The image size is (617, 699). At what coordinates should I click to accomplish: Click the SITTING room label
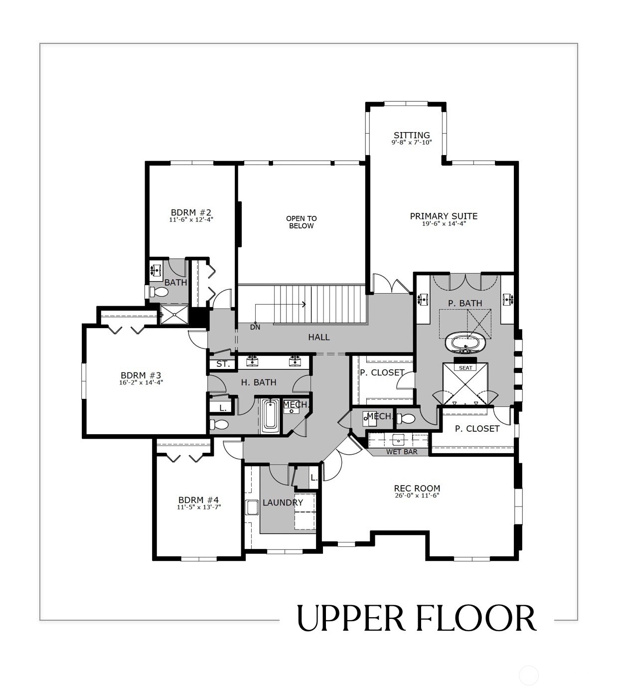[x=412, y=135]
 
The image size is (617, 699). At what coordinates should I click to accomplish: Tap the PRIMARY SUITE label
[x=444, y=216]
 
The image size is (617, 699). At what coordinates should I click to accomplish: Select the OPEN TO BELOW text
[x=302, y=222]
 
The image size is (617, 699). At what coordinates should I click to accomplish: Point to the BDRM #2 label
[x=191, y=212]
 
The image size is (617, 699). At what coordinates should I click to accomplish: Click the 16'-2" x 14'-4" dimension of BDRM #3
[x=141, y=382]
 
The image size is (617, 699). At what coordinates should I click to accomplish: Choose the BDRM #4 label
[x=199, y=500]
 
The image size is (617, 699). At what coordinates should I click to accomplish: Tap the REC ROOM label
[x=417, y=488]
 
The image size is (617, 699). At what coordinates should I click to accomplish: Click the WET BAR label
[x=402, y=452]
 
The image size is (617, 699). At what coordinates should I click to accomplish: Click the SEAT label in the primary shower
[x=465, y=368]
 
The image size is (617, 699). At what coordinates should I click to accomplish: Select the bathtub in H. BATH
[x=270, y=416]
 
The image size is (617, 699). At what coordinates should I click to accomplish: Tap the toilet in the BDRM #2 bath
[x=159, y=292]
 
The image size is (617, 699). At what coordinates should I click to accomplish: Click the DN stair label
[x=255, y=327]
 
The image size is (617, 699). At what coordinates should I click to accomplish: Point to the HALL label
[x=319, y=337]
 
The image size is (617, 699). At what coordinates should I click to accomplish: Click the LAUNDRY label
[x=283, y=503]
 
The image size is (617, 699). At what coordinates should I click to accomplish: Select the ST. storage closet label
[x=223, y=363]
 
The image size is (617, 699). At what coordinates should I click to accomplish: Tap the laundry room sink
[x=252, y=507]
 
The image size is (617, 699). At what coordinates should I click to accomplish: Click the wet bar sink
[x=398, y=440]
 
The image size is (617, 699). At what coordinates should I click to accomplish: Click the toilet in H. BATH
[x=219, y=424]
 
